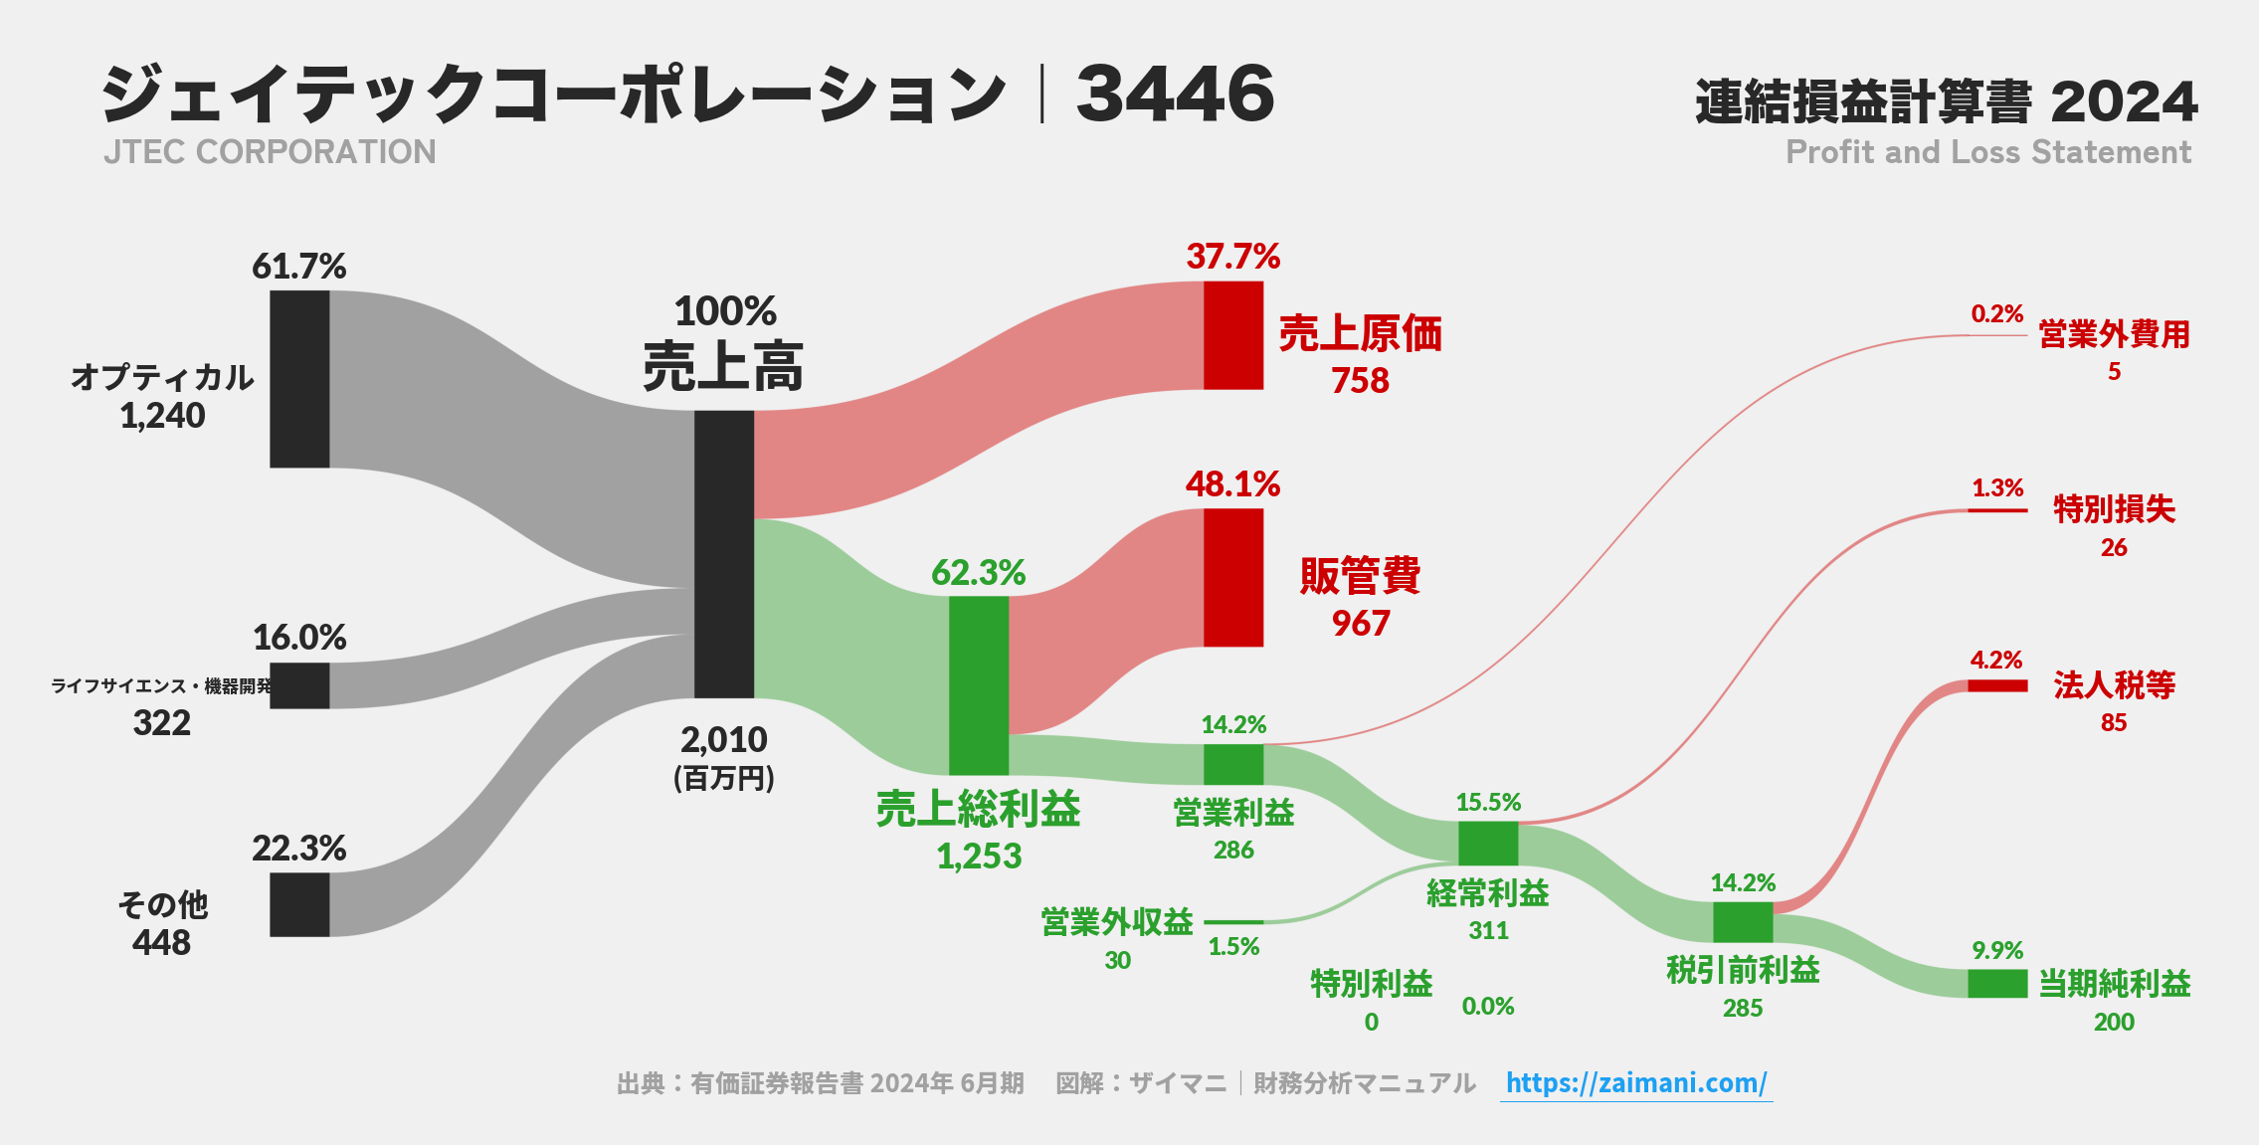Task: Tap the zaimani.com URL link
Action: tap(1635, 1082)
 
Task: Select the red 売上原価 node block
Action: tap(1233, 335)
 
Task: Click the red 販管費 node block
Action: tap(1233, 577)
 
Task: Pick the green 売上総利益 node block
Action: tap(979, 685)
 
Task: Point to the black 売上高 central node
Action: tap(724, 554)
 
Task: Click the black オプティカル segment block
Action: tap(299, 379)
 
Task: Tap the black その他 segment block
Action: tap(299, 904)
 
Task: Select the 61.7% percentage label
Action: tap(298, 267)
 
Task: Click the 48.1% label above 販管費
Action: tap(1232, 484)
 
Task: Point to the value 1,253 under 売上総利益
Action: tap(979, 857)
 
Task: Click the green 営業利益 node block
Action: tap(1233, 764)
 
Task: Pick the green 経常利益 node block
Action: tap(1488, 844)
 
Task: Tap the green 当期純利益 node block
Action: tap(1997, 983)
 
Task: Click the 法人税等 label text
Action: tap(2114, 684)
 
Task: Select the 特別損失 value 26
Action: tap(2114, 547)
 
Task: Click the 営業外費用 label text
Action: tap(2114, 334)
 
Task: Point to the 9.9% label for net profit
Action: tap(1997, 950)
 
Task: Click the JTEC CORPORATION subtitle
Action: tap(270, 152)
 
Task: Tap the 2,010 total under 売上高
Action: tap(724, 740)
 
